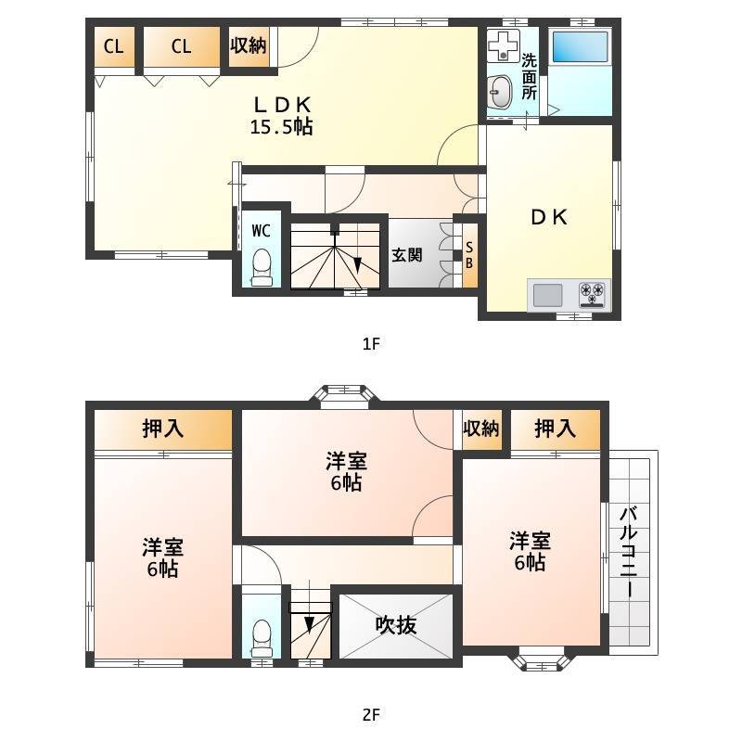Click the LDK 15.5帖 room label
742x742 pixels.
(282, 115)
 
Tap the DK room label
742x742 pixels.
(549, 217)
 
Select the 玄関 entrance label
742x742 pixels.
(407, 255)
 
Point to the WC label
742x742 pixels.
(262, 231)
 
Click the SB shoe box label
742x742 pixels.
(469, 255)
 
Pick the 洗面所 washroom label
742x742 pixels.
(529, 76)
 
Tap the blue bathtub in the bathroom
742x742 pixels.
(581, 46)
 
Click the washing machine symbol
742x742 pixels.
(504, 45)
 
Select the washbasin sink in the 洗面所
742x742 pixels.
(501, 92)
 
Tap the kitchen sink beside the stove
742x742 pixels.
(547, 295)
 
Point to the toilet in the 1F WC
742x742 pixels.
(262, 268)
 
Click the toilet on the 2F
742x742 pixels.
(262, 639)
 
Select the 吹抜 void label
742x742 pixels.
(396, 625)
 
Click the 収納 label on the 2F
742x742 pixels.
(481, 429)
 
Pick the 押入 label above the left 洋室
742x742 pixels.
(163, 429)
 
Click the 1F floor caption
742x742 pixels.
(372, 343)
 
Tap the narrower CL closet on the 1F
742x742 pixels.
(114, 46)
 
